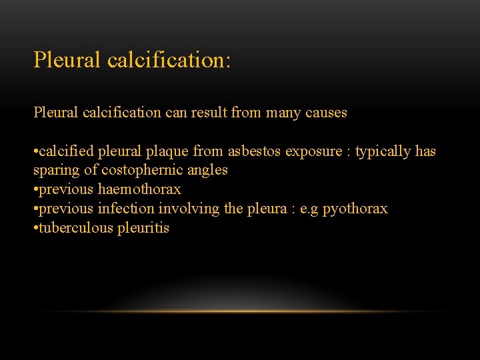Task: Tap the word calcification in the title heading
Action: [169, 60]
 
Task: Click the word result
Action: [209, 113]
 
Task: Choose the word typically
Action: [383, 152]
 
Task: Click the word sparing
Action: [56, 171]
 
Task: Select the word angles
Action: [208, 171]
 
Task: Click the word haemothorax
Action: [139, 189]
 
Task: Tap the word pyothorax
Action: [355, 209]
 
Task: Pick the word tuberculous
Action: [75, 228]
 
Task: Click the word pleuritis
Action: [143, 228]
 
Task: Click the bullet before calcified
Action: [36, 152]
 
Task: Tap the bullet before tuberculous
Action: [36, 228]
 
